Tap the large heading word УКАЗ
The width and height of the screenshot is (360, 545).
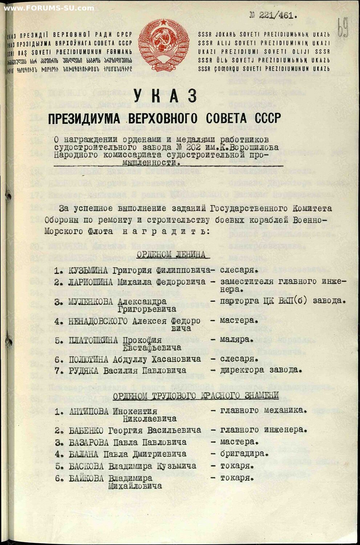coord(165,96)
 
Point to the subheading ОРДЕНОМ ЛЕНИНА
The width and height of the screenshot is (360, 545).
coord(171,255)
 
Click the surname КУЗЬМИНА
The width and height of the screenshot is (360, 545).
coord(88,271)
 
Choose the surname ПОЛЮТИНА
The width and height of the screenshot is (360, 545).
coord(89,359)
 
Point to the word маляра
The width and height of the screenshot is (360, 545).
coord(236,340)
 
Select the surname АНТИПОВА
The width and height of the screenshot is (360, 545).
coord(89,411)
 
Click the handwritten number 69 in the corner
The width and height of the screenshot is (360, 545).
coord(342,28)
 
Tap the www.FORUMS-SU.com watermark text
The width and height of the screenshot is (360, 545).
coord(49,8)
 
